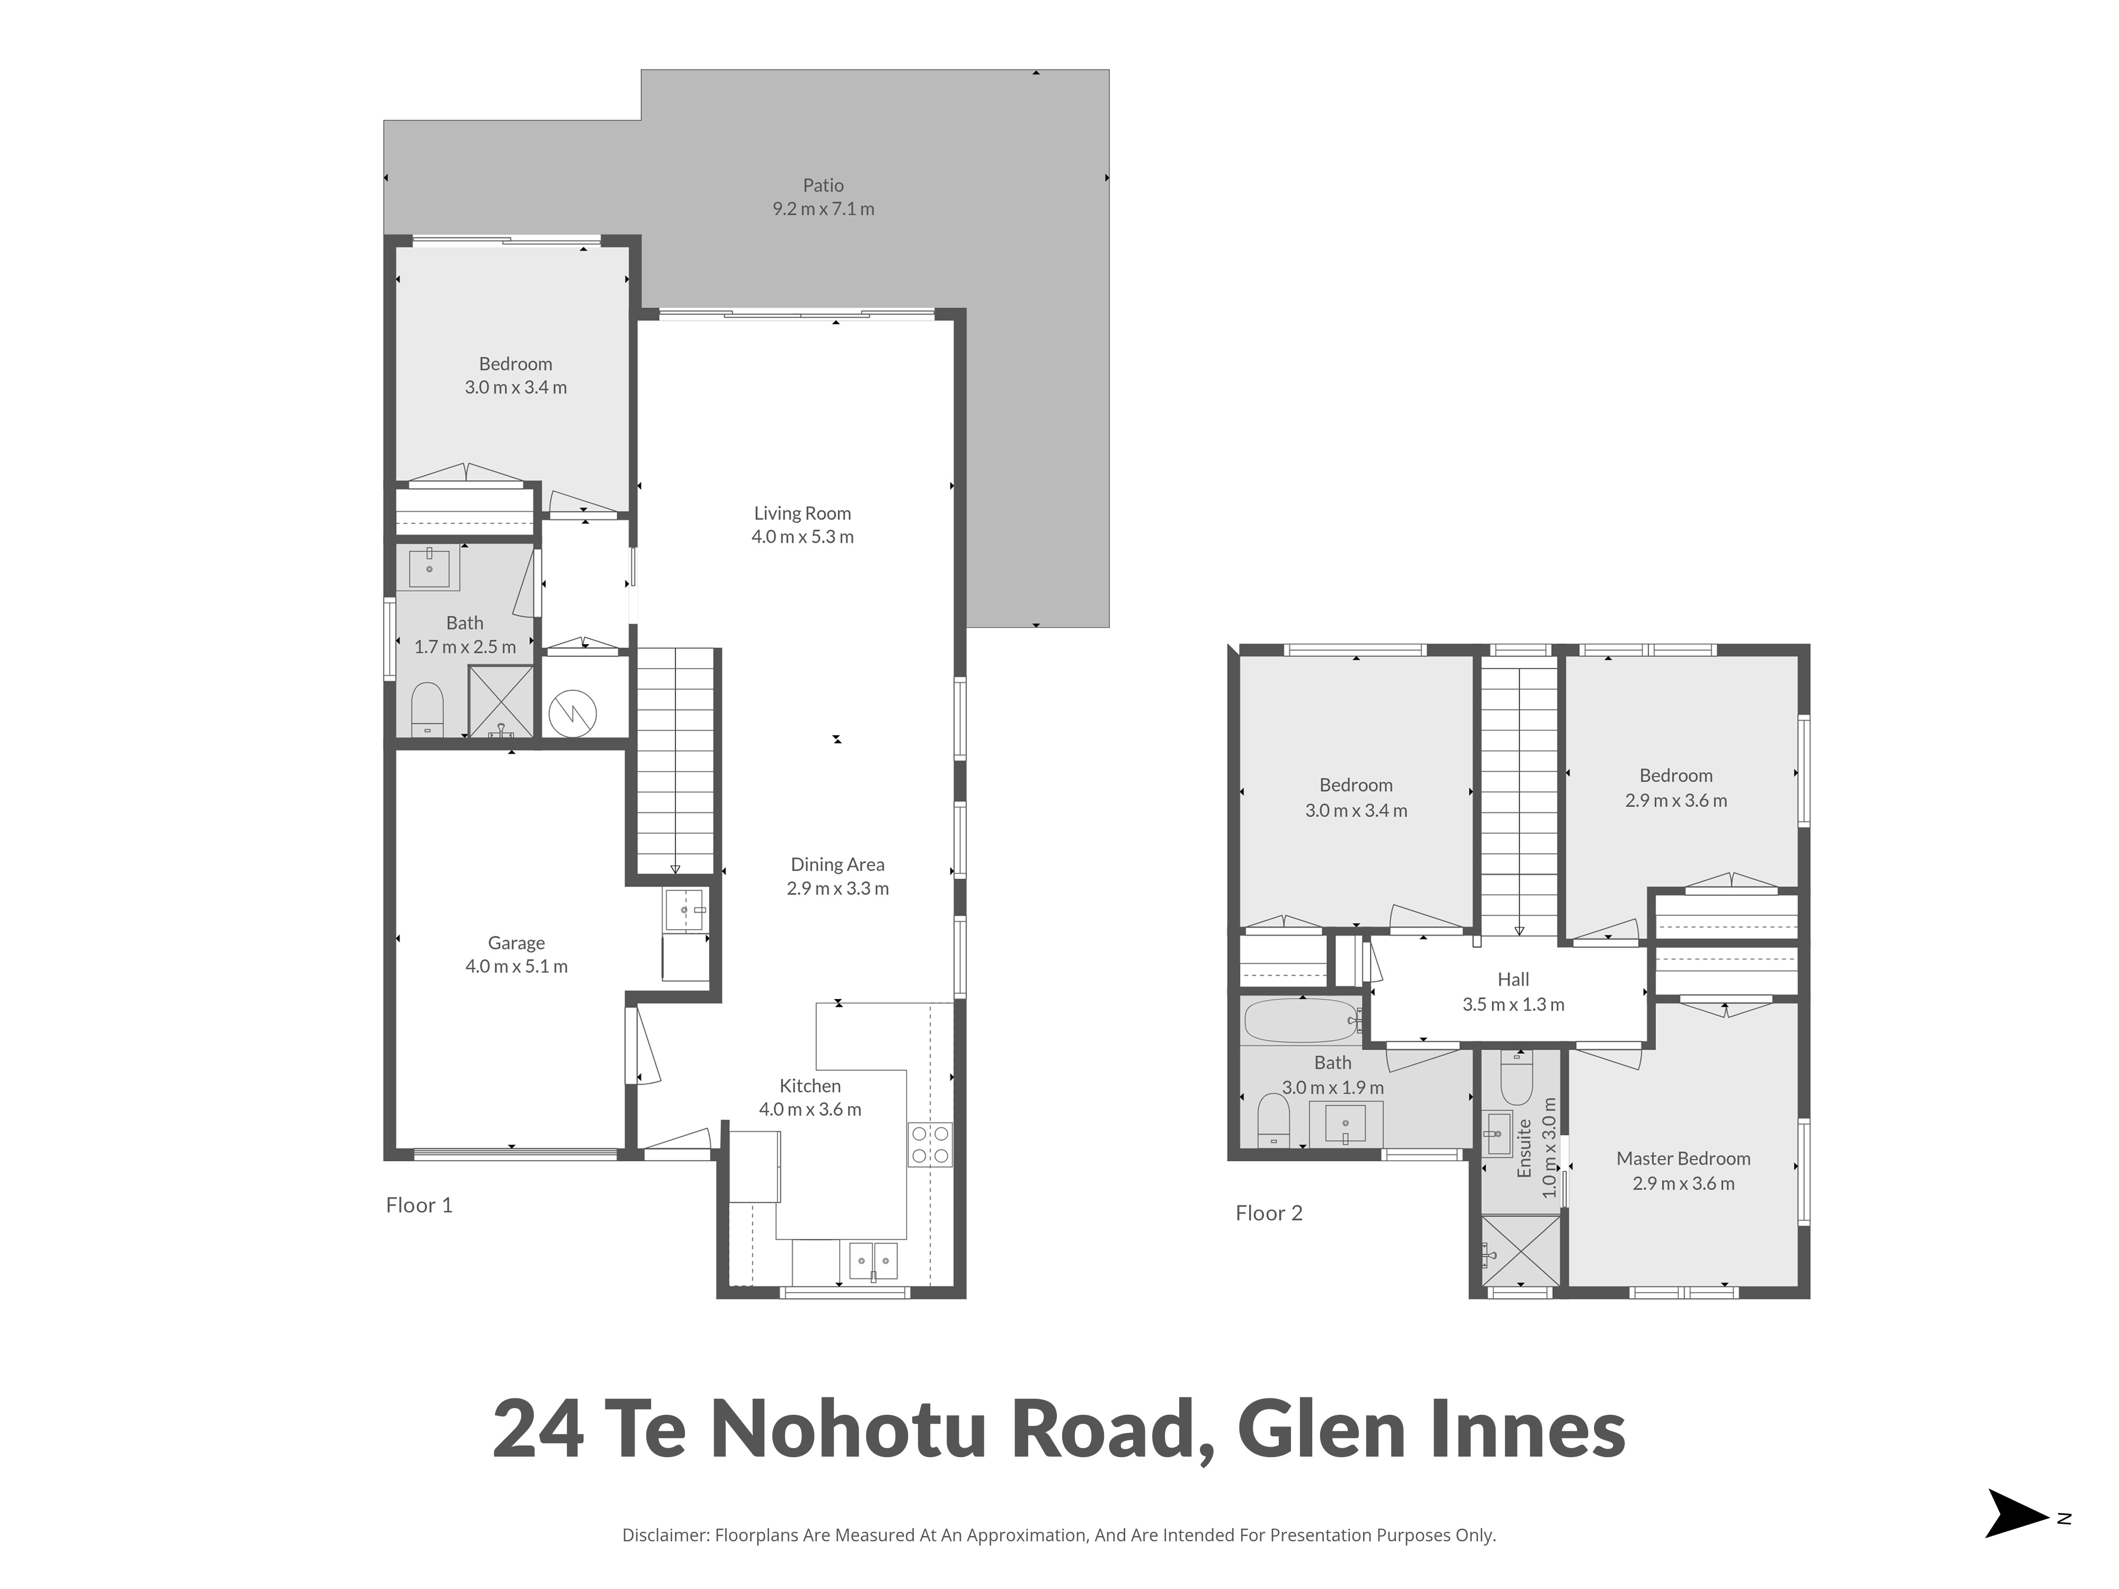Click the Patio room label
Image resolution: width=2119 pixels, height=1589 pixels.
point(823,185)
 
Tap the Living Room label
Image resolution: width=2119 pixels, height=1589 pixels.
point(802,513)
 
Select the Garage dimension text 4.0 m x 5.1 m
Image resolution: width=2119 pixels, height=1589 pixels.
point(517,967)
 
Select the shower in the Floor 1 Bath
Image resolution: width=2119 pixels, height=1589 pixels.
point(500,701)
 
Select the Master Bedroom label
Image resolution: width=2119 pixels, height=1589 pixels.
point(1683,1158)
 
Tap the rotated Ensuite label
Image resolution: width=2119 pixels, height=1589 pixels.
point(1524,1148)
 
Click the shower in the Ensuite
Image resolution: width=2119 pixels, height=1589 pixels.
point(1520,1250)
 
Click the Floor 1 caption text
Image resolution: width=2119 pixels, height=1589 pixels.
point(419,1205)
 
